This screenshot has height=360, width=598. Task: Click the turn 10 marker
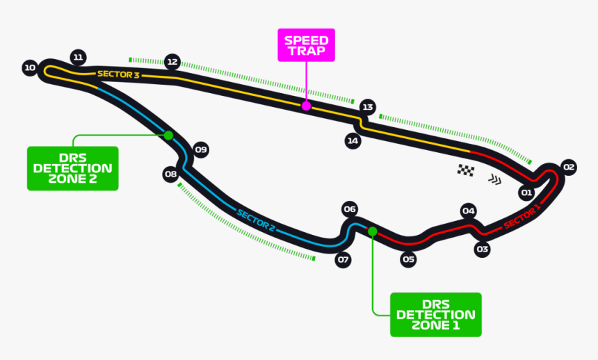tap(30, 68)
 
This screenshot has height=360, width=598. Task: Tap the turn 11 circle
tap(78, 58)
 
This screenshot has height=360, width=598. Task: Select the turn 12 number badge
tap(172, 62)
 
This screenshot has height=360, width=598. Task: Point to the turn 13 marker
tap(368, 107)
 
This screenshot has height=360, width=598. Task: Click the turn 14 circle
tap(353, 141)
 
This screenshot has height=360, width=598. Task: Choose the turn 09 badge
tap(200, 150)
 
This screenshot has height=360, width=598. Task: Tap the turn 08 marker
tap(170, 174)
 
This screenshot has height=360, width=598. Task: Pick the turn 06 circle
tap(350, 209)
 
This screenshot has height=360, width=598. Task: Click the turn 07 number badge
tap(343, 260)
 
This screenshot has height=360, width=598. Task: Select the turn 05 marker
tap(408, 260)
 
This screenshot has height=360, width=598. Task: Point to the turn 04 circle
tap(469, 211)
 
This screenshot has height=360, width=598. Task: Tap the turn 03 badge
tap(482, 249)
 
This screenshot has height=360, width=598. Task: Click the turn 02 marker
tap(569, 167)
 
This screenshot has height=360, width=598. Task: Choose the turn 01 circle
tap(526, 193)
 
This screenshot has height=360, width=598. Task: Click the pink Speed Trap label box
tap(306, 45)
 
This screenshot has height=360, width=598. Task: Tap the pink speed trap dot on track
tap(306, 106)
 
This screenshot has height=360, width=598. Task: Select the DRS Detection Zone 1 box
tap(436, 315)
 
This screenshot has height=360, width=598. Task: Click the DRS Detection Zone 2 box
tap(73, 168)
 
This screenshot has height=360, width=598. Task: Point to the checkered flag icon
tap(466, 170)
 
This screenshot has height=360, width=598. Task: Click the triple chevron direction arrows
tap(495, 179)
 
